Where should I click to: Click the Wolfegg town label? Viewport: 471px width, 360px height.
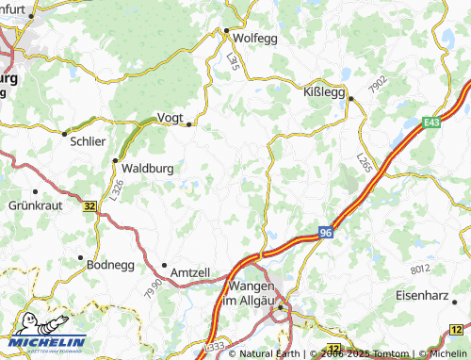256,39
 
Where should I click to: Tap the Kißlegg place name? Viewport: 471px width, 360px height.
323,94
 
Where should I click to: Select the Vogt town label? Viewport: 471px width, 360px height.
170,117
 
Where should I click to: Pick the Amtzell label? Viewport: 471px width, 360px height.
190,272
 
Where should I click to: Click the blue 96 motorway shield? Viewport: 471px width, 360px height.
325,232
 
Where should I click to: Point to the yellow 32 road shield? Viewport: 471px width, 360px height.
89,205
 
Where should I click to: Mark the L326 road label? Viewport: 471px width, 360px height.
117,190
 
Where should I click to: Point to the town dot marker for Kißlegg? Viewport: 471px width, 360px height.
349,98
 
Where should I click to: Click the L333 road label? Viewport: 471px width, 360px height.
214,349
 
